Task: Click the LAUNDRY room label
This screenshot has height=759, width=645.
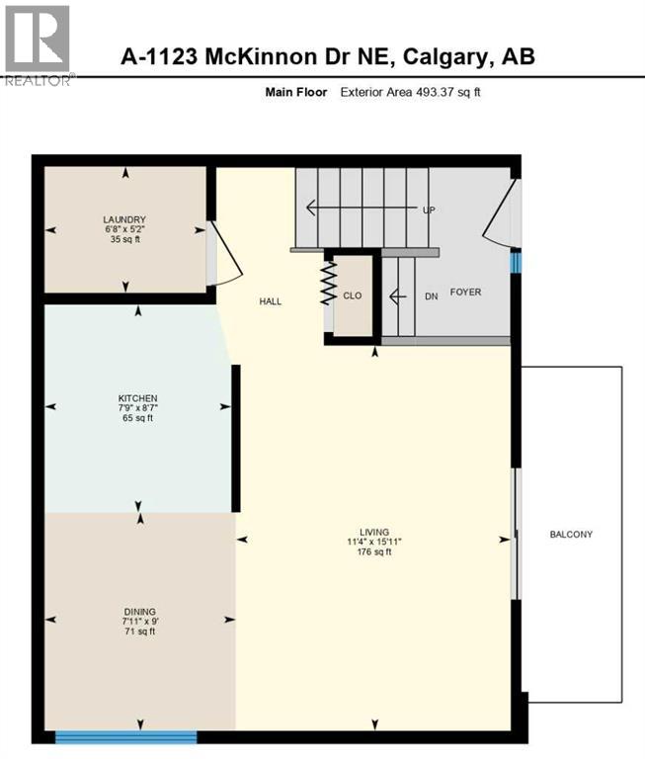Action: coord(125,218)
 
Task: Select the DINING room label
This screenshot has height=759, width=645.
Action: coord(140,611)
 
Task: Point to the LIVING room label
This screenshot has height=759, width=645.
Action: coord(374,531)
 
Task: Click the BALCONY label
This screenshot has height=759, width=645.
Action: coord(571,535)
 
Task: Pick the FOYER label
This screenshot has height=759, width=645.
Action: coord(466,293)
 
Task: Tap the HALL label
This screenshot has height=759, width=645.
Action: coord(271,301)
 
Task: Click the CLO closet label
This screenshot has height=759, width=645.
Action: coord(354,294)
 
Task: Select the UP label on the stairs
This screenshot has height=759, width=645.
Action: coord(429,210)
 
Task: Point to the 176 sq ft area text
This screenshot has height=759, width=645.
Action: coord(374,552)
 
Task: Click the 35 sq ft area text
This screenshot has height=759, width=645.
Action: coord(125,239)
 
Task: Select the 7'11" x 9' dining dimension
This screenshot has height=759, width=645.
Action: coord(140,622)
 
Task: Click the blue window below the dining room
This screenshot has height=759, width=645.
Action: coord(125,735)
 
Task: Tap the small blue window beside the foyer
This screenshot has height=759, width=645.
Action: coord(515,262)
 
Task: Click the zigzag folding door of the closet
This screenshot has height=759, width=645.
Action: coord(326,283)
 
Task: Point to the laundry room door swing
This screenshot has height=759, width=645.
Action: coord(223,254)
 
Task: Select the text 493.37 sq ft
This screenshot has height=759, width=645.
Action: coord(445,92)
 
